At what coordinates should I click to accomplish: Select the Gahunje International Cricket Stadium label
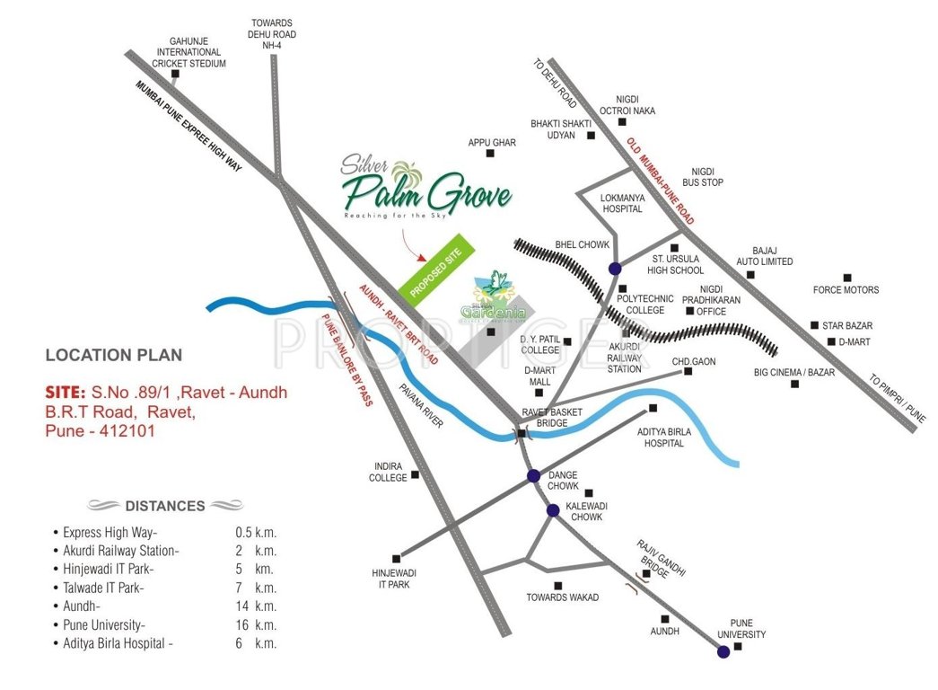click(x=188, y=52)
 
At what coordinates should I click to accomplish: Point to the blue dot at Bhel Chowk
click(x=615, y=268)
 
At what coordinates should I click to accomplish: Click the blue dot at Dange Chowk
click(x=533, y=476)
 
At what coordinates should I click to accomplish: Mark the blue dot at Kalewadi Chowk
click(x=553, y=510)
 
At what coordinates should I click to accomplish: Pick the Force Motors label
click(x=846, y=290)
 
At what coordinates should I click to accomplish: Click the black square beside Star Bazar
click(x=814, y=325)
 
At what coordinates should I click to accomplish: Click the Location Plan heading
click(x=114, y=355)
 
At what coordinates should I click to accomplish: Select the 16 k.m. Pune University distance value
click(x=256, y=624)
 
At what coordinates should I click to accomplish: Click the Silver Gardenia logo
click(x=492, y=300)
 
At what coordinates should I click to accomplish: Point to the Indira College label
click(x=388, y=472)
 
